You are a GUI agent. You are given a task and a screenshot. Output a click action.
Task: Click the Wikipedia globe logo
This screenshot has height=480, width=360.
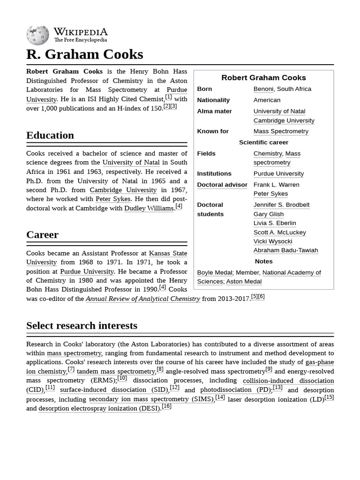pos(37,35)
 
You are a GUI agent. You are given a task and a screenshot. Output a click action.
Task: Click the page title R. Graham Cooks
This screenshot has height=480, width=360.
pos(84,54)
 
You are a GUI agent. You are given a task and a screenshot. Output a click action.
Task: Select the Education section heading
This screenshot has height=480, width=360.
pos(50,135)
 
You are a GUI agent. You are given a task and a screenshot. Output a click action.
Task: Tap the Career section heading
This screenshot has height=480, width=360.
pos(42,235)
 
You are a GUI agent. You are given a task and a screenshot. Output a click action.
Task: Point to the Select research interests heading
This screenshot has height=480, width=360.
pos(82,325)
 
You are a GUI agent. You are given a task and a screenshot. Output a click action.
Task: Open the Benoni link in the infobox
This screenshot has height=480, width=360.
pos(263,89)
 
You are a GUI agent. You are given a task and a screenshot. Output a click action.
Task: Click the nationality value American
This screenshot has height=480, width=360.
pos(267,100)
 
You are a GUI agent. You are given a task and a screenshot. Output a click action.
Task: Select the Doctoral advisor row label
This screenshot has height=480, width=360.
pos(222,185)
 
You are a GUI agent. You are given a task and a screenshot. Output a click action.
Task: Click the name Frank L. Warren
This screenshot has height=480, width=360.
pos(276,185)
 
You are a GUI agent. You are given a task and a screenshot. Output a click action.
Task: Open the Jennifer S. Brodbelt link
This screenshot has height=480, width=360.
pos(281,205)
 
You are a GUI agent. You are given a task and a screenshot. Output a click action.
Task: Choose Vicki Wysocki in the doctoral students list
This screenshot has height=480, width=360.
pos(272,241)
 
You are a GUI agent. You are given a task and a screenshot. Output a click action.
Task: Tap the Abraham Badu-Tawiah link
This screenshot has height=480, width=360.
pos(285,250)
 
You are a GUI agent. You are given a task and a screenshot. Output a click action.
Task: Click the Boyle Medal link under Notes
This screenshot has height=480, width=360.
pos(214,273)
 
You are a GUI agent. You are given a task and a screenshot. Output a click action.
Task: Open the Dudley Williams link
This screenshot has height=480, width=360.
pos(149,208)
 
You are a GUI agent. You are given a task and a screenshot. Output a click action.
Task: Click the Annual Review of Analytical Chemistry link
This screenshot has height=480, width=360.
pos(143,299)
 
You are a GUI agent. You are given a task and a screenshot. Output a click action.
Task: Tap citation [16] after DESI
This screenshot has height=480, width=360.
pos(166,406)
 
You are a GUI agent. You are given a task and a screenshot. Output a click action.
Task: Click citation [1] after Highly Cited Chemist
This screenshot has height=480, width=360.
pos(168,97)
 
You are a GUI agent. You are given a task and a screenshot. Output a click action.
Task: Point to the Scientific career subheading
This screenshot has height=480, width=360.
pos(263,142)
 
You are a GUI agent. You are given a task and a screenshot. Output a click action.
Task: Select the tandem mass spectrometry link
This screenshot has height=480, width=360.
pos(116,371)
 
